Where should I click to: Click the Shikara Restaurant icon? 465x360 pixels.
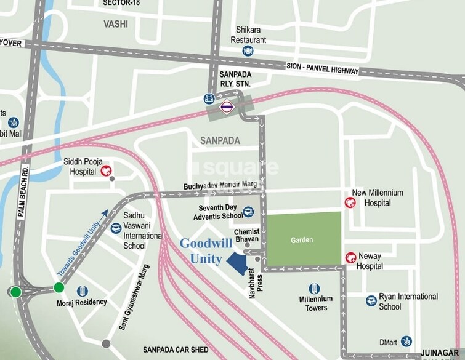tap(248, 51)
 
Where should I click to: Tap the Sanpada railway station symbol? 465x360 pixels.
tap(227, 107)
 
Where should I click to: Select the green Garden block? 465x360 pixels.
tap(302, 239)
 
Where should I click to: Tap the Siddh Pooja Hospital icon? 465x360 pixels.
tap(105, 170)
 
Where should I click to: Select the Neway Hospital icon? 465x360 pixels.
tap(350, 257)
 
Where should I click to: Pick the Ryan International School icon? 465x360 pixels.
tap(371, 301)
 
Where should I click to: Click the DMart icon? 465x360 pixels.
tap(406, 341)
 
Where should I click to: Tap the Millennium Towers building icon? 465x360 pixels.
tap(314, 289)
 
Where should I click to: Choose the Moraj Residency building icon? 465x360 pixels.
tap(82, 290)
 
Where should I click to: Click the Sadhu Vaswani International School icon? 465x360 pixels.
tap(116, 228)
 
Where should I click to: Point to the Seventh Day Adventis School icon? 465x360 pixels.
tap(248, 212)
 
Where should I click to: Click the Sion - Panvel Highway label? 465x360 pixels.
tap(322, 68)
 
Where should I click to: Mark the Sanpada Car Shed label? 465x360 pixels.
tap(176, 350)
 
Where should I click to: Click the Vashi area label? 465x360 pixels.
tap(116, 23)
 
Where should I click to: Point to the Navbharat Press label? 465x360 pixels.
tap(257, 282)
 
